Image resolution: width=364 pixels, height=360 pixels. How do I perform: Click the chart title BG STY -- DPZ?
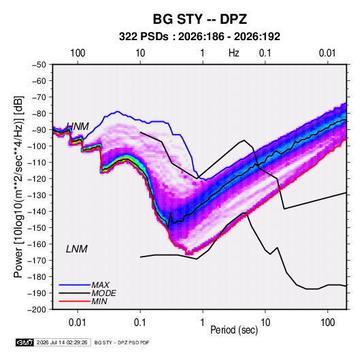tap(199, 19)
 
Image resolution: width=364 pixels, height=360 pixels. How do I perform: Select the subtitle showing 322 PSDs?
tap(199, 37)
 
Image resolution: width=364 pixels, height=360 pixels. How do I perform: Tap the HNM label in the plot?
tap(78, 127)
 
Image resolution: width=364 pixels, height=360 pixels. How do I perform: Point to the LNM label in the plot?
tap(77, 249)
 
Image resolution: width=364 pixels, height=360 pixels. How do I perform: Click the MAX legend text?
tap(100, 284)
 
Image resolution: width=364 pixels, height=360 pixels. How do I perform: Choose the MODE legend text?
tap(103, 293)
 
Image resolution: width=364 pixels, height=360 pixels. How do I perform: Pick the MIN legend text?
tap(99, 301)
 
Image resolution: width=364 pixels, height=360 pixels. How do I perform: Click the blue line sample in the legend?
tap(74, 285)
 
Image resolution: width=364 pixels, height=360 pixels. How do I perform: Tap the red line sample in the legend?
tap(74, 301)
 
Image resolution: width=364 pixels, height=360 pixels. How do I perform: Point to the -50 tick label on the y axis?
tap(39, 65)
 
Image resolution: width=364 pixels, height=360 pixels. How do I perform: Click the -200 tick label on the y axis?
tap(37, 310)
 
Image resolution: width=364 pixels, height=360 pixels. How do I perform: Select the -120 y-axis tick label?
tap(37, 179)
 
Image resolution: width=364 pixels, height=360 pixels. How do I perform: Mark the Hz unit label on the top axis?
tap(234, 53)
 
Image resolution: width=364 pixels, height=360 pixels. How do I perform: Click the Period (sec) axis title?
tap(234, 330)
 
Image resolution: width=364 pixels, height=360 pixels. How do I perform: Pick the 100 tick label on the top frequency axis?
tap(78, 53)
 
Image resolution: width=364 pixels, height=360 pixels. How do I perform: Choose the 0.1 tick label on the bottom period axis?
tap(140, 323)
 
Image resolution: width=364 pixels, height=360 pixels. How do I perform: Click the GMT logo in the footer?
tap(25, 342)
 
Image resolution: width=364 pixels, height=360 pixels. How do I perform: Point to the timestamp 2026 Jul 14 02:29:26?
tap(62, 342)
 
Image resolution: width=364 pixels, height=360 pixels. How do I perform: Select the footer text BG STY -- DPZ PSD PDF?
tap(122, 342)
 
